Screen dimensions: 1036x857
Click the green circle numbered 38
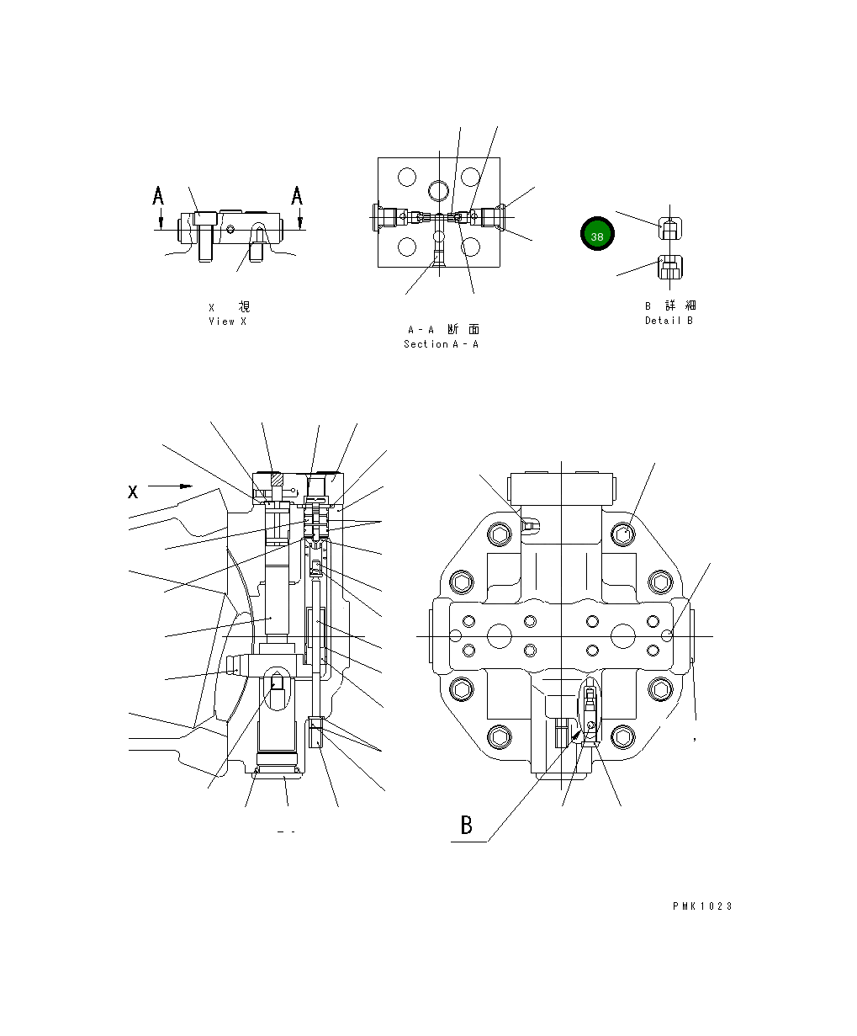[597, 235]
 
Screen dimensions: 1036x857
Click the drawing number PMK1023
[702, 906]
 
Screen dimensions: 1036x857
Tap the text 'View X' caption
[228, 321]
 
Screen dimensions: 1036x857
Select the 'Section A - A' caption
[441, 343]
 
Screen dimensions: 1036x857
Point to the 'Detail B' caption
[669, 320]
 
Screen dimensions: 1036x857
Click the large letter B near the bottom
[467, 825]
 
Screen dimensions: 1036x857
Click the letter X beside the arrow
[133, 491]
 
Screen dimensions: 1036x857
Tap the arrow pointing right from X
[171, 486]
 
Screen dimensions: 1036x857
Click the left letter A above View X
[158, 196]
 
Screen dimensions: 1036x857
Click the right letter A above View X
[297, 196]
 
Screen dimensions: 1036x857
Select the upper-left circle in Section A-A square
[408, 178]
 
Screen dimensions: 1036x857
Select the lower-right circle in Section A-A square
[470, 247]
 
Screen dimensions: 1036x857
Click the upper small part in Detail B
[669, 228]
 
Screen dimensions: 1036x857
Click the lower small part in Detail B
[669, 269]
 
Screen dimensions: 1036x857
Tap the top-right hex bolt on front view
[623, 532]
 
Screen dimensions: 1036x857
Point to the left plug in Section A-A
[388, 216]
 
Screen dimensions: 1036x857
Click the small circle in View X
[230, 228]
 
